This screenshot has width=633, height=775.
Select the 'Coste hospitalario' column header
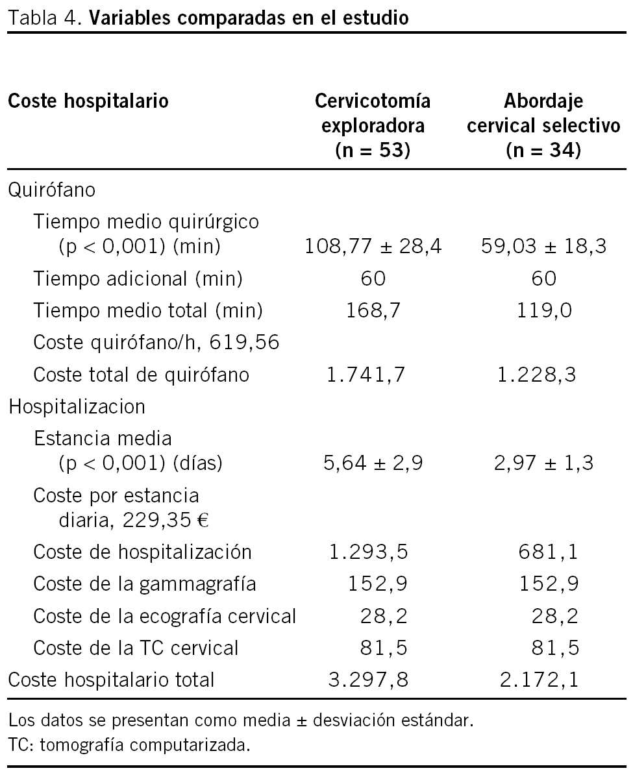click(88, 101)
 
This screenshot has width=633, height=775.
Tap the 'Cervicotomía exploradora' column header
click(373, 126)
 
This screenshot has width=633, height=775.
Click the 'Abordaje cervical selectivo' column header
click(543, 126)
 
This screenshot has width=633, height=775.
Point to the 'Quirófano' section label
click(51, 190)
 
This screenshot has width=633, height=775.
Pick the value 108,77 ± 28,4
click(373, 247)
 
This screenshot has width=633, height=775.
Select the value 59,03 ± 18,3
click(543, 247)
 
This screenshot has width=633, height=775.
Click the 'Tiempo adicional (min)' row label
click(138, 278)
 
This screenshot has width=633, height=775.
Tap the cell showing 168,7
click(373, 311)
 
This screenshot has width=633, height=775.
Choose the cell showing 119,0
click(543, 311)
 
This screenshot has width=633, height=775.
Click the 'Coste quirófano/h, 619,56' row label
click(156, 342)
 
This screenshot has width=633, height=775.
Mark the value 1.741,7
click(373, 375)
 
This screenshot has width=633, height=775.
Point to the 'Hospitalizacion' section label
click(77, 406)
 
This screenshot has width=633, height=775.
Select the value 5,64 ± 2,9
click(373, 463)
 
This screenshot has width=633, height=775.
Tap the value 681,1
click(551, 552)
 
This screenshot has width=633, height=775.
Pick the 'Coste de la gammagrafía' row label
click(145, 584)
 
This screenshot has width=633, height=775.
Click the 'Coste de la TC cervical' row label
click(136, 647)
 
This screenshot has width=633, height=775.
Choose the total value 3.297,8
click(373, 680)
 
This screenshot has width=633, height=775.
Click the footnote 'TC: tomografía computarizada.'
click(129, 745)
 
